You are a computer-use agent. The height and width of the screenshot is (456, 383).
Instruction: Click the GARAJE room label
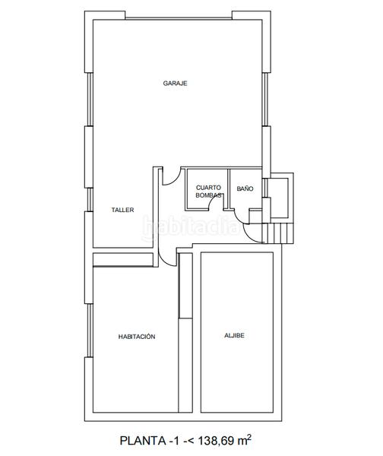click(x=175, y=83)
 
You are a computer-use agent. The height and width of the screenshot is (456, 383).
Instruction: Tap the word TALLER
click(x=122, y=210)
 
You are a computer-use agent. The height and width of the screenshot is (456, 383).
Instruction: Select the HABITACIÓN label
click(x=137, y=336)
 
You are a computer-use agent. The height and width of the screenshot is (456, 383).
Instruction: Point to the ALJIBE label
click(x=235, y=336)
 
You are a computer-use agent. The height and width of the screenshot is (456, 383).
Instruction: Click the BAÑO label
click(x=245, y=188)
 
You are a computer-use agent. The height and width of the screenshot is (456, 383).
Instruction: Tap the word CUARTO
click(x=208, y=187)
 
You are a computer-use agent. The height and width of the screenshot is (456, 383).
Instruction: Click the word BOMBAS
click(x=208, y=195)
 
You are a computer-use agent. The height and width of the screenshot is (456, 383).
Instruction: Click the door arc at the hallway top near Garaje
click(x=169, y=176)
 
